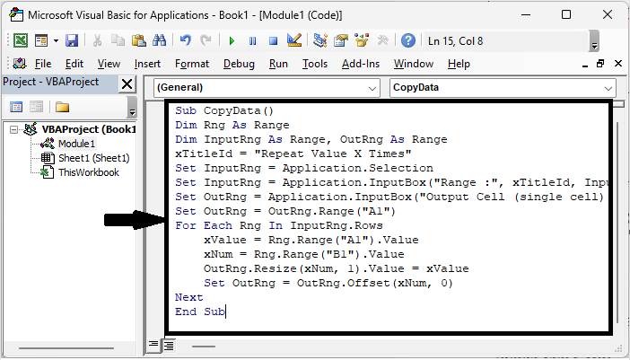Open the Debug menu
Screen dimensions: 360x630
(239, 64)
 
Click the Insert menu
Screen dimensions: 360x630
(147, 64)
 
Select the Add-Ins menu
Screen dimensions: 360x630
(360, 64)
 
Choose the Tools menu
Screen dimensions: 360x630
(314, 64)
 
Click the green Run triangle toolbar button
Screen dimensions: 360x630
(232, 40)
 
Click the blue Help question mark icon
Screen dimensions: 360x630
(408, 40)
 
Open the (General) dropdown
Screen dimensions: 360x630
(267, 88)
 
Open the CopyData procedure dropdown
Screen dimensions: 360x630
(503, 88)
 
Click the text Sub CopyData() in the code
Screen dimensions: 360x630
(217, 110)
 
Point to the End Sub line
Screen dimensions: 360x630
(200, 312)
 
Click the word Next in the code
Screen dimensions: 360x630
(189, 297)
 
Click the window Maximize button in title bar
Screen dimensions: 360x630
(565, 15)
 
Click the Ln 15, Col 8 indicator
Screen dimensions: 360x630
(455, 40)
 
